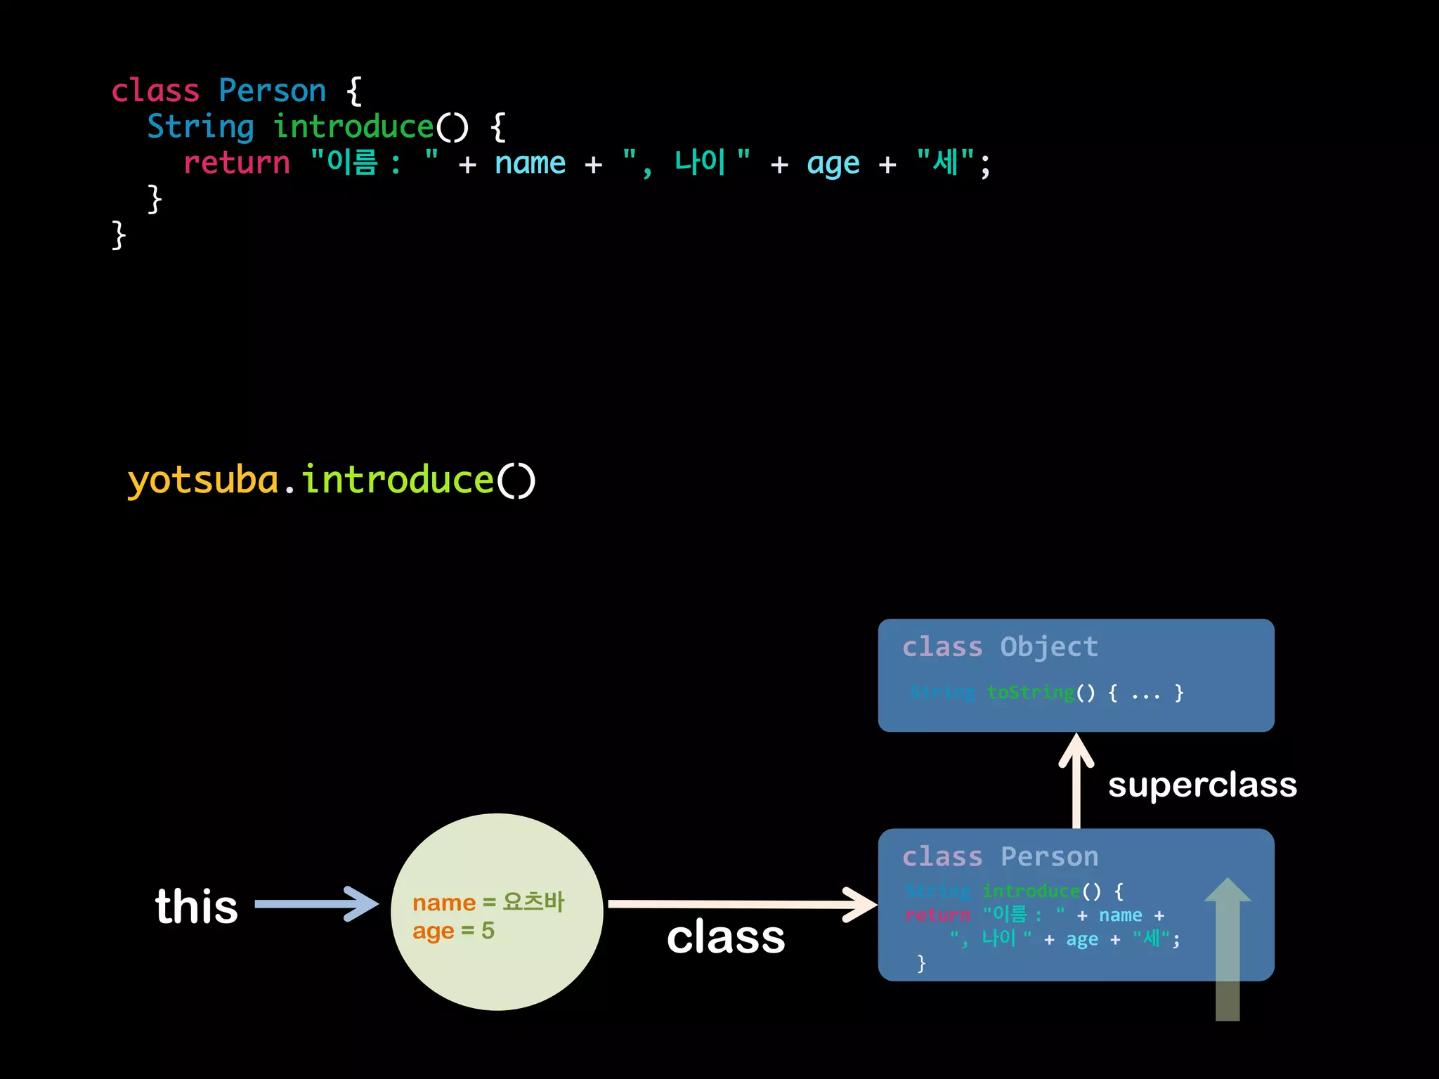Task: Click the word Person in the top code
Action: pyautogui.click(x=272, y=91)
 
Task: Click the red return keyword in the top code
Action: pyautogui.click(x=236, y=163)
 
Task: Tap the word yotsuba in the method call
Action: pyautogui.click(x=203, y=480)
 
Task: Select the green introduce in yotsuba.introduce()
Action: pyautogui.click(x=398, y=480)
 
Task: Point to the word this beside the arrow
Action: pyautogui.click(x=197, y=906)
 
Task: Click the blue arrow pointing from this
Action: pyautogui.click(x=316, y=904)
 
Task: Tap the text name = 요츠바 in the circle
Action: pyautogui.click(x=488, y=902)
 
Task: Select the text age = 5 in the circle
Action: pyautogui.click(x=453, y=931)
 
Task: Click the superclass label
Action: pyautogui.click(x=1202, y=785)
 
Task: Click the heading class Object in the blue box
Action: pyautogui.click(x=1000, y=647)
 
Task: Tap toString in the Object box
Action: pyautogui.click(x=1030, y=693)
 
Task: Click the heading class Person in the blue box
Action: pyautogui.click(x=1000, y=857)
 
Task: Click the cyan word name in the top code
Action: pyautogui.click(x=530, y=163)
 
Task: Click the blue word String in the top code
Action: pyautogui.click(x=200, y=127)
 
